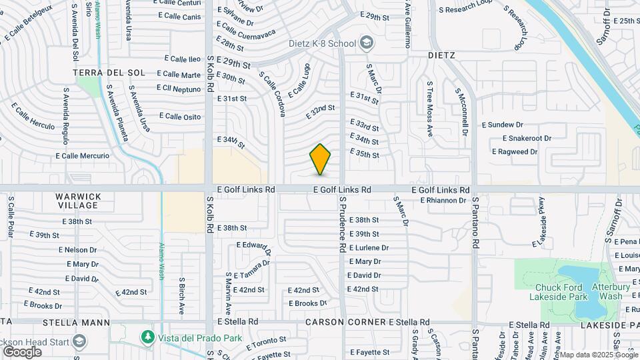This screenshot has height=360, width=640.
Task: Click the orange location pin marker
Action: (x=320, y=159)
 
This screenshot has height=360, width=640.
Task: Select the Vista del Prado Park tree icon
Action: (x=147, y=338)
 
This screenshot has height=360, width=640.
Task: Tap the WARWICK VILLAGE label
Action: (x=87, y=201)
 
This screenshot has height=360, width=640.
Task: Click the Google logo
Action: (x=22, y=351)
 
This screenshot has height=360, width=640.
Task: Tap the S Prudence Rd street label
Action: (x=343, y=223)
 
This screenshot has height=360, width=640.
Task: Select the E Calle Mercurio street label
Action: (x=83, y=156)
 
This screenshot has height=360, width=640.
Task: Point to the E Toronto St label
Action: (x=266, y=343)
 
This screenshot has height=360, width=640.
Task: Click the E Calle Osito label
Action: (x=180, y=117)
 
